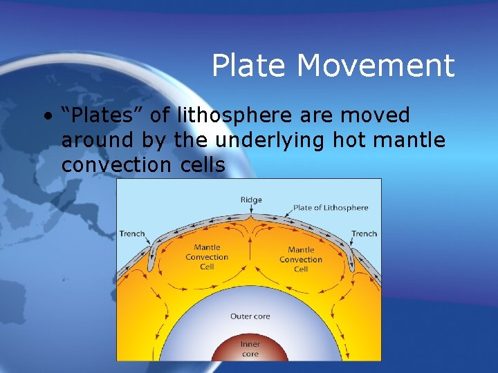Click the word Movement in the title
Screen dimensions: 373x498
click(376, 66)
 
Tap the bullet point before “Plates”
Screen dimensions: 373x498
click(46, 115)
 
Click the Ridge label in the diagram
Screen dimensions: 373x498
click(251, 200)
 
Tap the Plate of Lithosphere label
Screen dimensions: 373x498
click(331, 207)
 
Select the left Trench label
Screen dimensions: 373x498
click(132, 233)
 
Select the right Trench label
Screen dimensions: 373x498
click(364, 233)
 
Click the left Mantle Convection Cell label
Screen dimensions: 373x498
click(207, 257)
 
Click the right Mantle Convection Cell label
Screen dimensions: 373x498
click(301, 259)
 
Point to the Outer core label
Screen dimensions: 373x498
click(250, 316)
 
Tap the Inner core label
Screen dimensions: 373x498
click(250, 349)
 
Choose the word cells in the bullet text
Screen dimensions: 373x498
click(201, 165)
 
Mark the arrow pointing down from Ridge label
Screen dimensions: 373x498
click(251, 209)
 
